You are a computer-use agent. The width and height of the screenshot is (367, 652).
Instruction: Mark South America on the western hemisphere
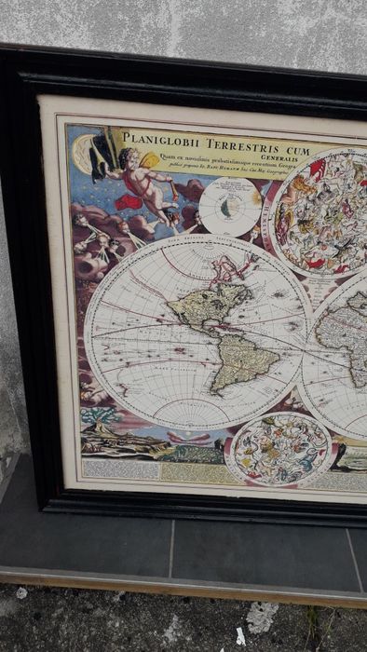point(244,359)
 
